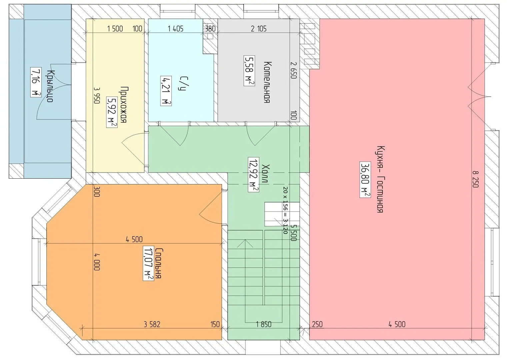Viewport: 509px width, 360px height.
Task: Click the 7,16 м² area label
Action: (x=36, y=82)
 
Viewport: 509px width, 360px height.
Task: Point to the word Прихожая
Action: (x=123, y=105)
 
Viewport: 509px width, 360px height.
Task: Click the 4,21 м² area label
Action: (x=166, y=91)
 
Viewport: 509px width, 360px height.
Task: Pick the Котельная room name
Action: (x=267, y=82)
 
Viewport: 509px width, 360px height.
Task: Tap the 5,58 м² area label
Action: (x=249, y=70)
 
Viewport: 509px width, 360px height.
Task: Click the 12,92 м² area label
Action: (x=253, y=175)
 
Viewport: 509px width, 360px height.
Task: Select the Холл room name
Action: (x=265, y=173)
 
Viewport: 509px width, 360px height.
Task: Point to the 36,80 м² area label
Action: (x=365, y=180)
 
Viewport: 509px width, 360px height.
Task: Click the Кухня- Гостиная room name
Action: (x=381, y=179)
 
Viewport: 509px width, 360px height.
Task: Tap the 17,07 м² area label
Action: (x=148, y=263)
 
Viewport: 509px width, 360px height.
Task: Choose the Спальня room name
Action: (x=158, y=263)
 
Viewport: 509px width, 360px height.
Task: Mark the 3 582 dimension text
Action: (x=152, y=324)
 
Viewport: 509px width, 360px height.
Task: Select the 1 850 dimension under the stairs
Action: (x=264, y=324)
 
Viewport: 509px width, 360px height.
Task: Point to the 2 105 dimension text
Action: (x=259, y=29)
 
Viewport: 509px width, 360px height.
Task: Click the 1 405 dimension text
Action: (x=175, y=29)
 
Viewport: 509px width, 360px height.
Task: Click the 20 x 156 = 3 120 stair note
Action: (x=285, y=210)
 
